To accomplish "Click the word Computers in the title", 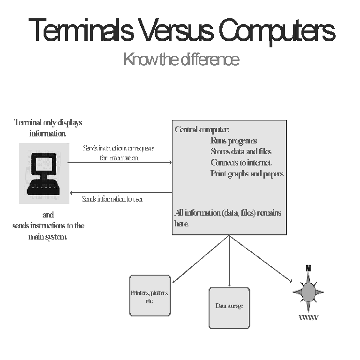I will [x=277, y=30].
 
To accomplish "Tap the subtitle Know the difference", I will [x=181, y=60].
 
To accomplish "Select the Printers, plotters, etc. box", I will [x=150, y=295].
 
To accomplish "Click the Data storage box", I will [x=229, y=307].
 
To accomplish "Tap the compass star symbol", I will [x=308, y=292].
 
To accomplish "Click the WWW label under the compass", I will [x=308, y=318].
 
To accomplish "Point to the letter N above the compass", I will [x=308, y=269].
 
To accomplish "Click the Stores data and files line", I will [x=240, y=151].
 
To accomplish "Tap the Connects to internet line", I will [x=241, y=163].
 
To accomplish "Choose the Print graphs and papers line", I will [x=247, y=174].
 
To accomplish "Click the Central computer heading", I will [x=202, y=129].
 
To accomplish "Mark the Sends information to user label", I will [x=112, y=199].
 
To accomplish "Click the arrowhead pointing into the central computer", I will [x=170, y=163].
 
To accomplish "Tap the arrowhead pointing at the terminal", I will [x=71, y=192].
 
